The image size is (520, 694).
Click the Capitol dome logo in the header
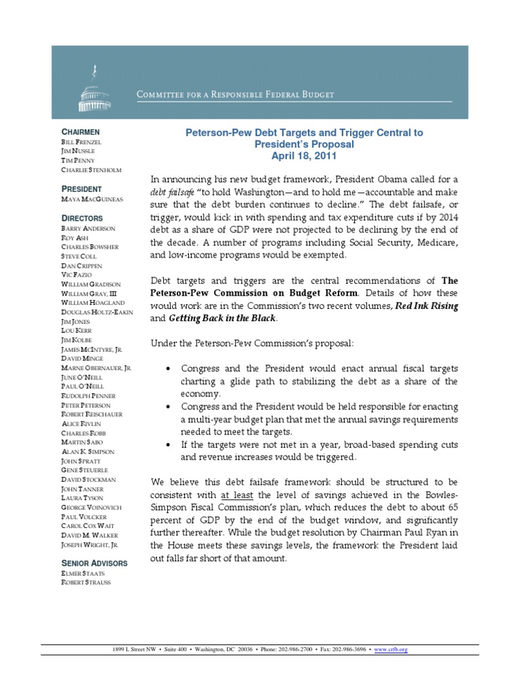tap(88, 90)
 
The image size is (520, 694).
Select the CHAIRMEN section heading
tap(81, 131)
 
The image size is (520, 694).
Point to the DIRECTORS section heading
tap(83, 218)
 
